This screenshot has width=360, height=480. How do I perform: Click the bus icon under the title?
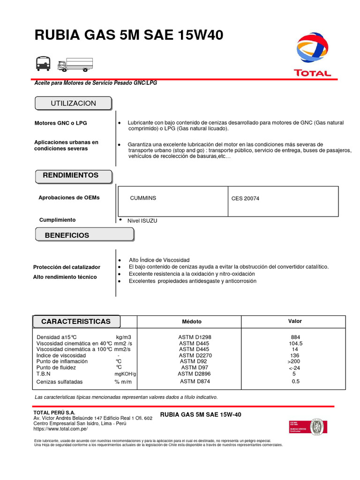click(43, 63)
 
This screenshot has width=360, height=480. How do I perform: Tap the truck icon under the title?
click(75, 65)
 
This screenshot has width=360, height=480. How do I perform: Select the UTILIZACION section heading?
click(73, 103)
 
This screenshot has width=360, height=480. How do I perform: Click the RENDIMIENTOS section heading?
click(71, 175)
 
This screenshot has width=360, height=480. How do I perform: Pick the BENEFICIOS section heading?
click(67, 235)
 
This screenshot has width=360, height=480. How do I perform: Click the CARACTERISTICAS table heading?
click(76, 322)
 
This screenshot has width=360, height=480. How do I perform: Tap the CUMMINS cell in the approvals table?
click(143, 198)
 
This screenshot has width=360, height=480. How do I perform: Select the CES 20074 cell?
click(245, 199)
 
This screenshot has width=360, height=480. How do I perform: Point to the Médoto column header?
click(192, 322)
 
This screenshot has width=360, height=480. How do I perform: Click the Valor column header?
click(295, 321)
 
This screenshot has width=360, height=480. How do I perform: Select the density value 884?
click(295, 337)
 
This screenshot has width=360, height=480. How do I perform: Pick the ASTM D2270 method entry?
click(195, 355)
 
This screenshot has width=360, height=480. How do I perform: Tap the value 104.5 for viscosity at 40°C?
click(295, 343)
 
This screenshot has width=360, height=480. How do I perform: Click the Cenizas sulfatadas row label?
click(59, 382)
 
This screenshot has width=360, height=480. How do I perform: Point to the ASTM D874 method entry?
click(195, 381)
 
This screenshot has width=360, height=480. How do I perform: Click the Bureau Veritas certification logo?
click(307, 427)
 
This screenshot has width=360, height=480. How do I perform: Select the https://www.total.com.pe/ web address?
click(60, 429)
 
